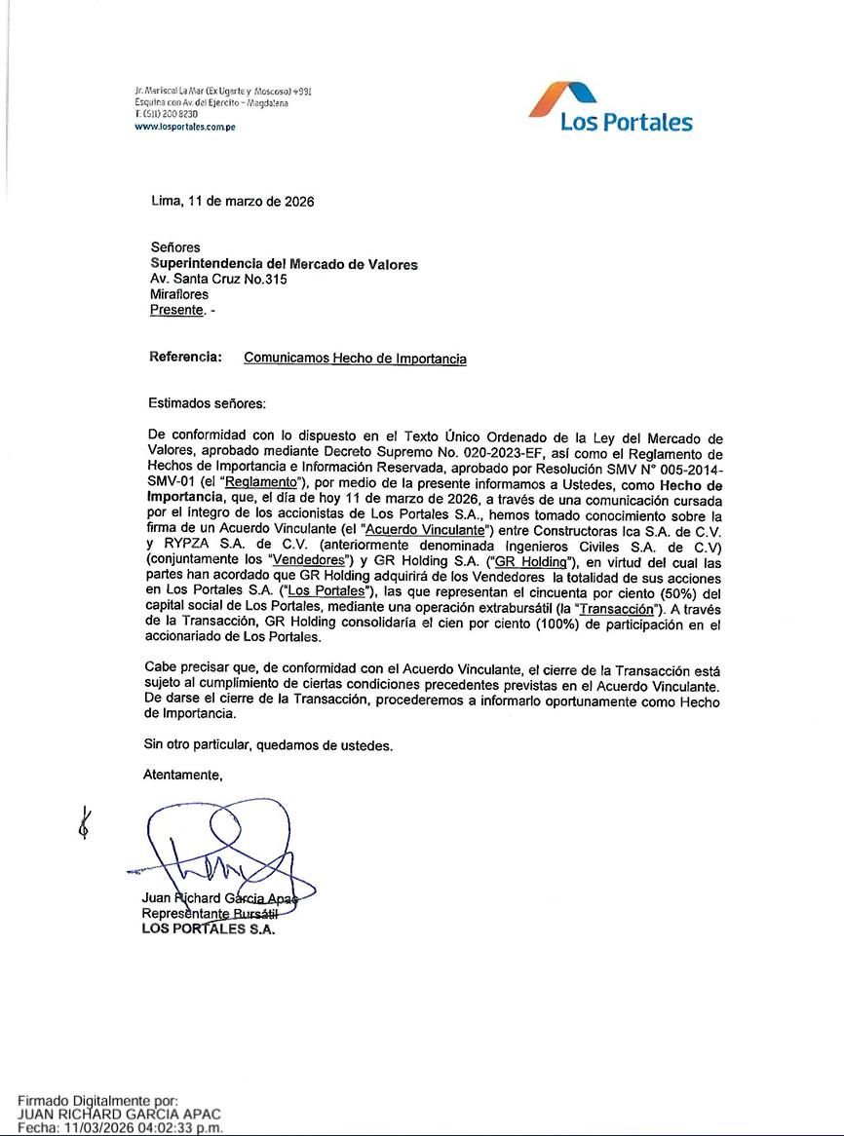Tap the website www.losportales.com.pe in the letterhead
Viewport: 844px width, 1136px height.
(x=185, y=127)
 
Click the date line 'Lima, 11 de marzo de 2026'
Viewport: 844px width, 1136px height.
(x=232, y=202)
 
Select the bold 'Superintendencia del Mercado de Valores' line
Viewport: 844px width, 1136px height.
(x=284, y=264)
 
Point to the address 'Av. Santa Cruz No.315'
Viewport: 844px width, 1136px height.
(x=218, y=279)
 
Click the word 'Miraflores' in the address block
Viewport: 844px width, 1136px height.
(x=179, y=294)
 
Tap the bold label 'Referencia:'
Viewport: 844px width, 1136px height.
(x=185, y=358)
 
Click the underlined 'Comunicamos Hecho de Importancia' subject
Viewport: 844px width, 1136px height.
(x=355, y=359)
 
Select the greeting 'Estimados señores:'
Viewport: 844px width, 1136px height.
(x=206, y=402)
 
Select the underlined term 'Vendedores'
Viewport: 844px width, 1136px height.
(x=309, y=561)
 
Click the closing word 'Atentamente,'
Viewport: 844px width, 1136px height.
(x=183, y=776)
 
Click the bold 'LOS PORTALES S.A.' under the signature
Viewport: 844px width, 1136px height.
(x=209, y=928)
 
